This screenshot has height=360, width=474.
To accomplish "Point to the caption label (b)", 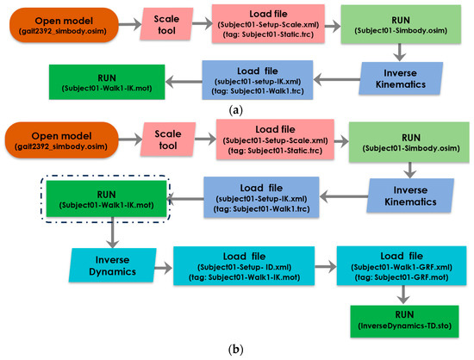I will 236,349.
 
